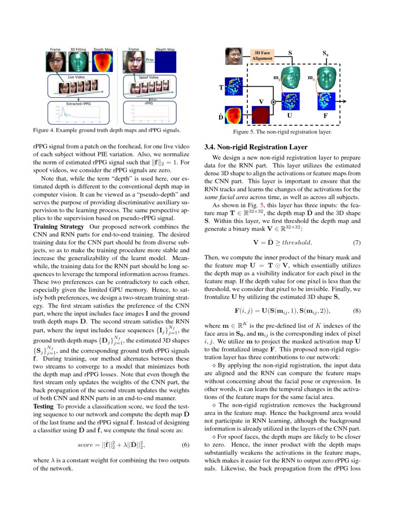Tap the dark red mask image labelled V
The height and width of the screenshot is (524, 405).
click(x=261, y=116)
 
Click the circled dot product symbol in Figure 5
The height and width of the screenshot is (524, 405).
click(x=273, y=102)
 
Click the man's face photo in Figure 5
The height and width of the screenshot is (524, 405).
click(x=234, y=56)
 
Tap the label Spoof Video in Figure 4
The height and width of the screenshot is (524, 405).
click(x=149, y=77)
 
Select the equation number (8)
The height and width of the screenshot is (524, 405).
click(x=356, y=310)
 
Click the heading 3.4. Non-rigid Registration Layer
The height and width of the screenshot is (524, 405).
click(x=255, y=147)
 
